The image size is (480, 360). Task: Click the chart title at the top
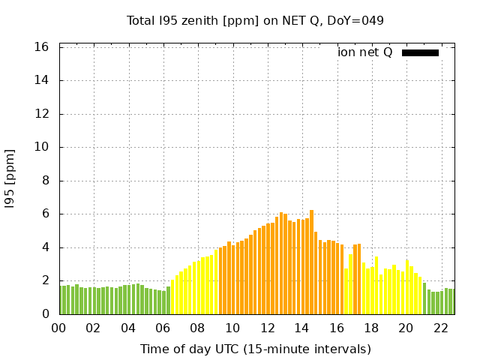click(x=255, y=20)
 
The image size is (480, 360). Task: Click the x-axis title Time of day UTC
click(x=255, y=349)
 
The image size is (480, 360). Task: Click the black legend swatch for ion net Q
click(x=420, y=52)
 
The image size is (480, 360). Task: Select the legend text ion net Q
click(x=365, y=52)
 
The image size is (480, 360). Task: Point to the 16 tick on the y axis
click(x=42, y=47)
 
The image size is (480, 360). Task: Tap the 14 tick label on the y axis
click(x=42, y=80)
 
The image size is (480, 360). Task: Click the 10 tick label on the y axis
click(x=42, y=147)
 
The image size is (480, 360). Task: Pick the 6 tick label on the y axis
click(x=45, y=214)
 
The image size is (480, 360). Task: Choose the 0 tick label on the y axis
click(x=45, y=314)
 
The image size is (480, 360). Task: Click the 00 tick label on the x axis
click(x=58, y=328)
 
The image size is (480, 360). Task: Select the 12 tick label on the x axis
click(x=267, y=328)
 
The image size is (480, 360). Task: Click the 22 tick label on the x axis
click(x=441, y=328)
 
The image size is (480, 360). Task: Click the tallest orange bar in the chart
click(x=311, y=262)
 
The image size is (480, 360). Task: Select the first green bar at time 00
click(x=61, y=300)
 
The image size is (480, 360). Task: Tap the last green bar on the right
click(x=452, y=301)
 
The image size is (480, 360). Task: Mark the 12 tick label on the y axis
click(x=42, y=114)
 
